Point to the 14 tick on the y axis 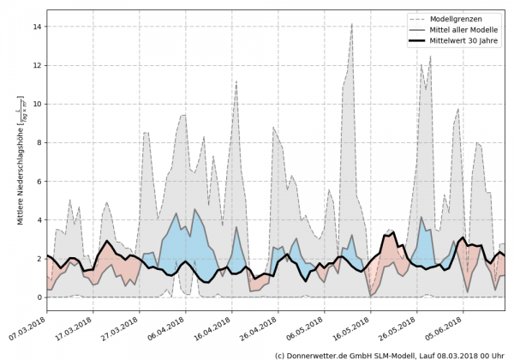[36, 27]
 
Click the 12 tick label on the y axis [36, 65]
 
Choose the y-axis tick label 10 [36, 104]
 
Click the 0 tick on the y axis [39, 297]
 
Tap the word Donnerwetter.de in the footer [320, 354]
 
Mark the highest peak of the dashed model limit [351, 24]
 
